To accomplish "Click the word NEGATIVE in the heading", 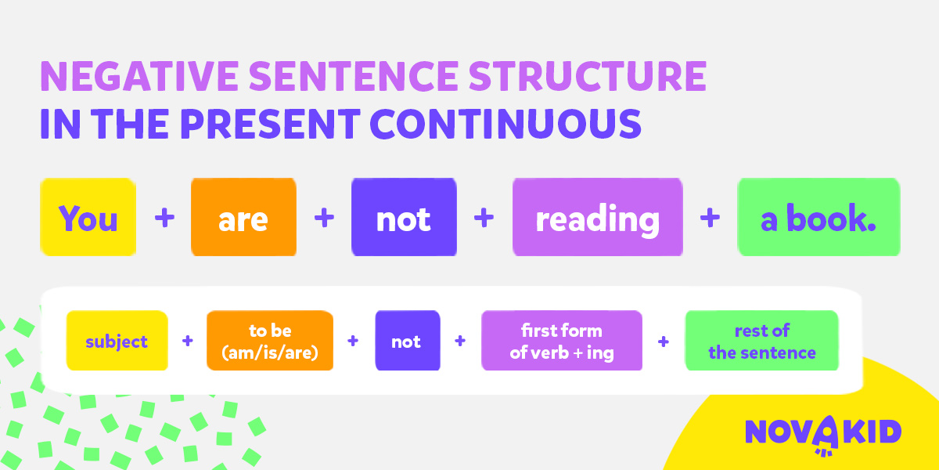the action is coord(139,76).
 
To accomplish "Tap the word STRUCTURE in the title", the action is coord(588,76).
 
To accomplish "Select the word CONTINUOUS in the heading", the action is coord(505,124).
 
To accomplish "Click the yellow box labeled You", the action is coord(88,217).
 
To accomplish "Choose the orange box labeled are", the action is coord(243,217).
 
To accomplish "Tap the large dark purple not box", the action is coord(404,217).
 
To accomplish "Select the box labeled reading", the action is coord(598,217).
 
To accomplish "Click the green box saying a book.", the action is coord(818,217).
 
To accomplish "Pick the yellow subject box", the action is coord(117,340).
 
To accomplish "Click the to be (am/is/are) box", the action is coord(270,340).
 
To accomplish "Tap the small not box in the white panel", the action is coord(408,340).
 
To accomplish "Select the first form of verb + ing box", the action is coord(562,340).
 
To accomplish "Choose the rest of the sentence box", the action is coord(762,340).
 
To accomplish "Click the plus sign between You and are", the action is coord(164,218).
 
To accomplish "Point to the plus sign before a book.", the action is coord(710,218).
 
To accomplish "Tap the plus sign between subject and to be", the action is coord(187,340).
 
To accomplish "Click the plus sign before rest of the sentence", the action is coord(664,342).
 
